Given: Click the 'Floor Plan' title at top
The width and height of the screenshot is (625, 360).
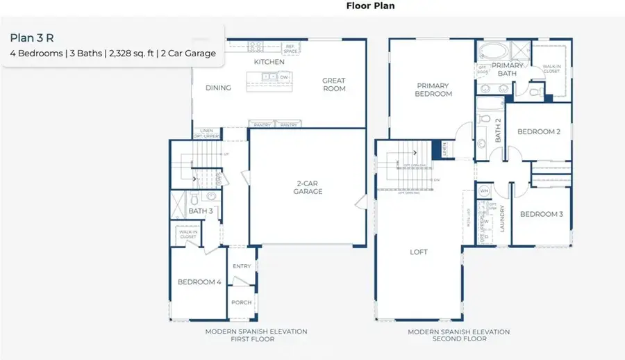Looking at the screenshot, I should click(370, 6).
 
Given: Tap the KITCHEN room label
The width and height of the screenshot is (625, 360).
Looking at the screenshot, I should click(269, 63).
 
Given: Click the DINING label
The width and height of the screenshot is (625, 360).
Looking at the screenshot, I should click(218, 88).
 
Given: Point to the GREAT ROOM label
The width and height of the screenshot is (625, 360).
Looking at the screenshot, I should click(333, 85).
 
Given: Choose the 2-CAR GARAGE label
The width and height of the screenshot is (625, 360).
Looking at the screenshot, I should click(308, 188).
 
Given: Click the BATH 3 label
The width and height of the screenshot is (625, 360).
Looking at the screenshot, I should click(201, 210).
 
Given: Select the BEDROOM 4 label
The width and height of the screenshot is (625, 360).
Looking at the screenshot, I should click(199, 282).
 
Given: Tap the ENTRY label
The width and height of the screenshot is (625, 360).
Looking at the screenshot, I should click(242, 266).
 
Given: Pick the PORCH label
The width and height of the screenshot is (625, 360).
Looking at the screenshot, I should click(242, 302).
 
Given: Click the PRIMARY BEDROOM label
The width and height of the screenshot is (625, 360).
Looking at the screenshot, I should click(433, 90).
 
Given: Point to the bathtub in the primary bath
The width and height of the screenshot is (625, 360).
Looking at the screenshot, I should click(492, 51).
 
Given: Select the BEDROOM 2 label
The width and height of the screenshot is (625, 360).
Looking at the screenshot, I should click(538, 131).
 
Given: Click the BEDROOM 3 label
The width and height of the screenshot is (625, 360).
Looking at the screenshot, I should click(541, 214).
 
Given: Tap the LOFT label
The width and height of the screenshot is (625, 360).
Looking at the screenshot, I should click(419, 252).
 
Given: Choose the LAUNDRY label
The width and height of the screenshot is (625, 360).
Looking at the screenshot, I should click(502, 218).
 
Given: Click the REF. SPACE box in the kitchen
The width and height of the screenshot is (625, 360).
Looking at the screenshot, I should click(290, 49).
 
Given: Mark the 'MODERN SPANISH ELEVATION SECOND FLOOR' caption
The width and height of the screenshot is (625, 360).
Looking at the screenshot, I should click(458, 335).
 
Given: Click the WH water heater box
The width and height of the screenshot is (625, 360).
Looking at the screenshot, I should click(484, 190).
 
